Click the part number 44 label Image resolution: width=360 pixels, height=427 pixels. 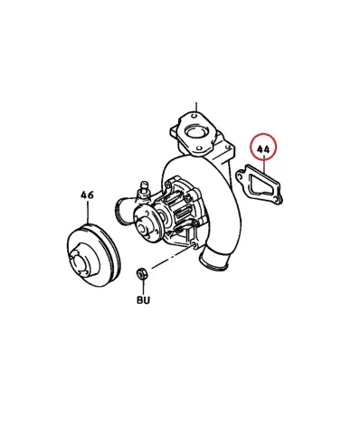(x=263, y=149)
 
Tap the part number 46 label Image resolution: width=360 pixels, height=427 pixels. (x=87, y=195)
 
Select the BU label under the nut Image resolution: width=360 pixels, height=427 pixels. (x=143, y=300)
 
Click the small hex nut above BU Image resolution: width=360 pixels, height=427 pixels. (x=141, y=273)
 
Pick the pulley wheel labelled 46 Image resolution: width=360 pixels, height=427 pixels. (x=93, y=255)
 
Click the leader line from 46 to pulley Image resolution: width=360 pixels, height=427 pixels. (x=88, y=213)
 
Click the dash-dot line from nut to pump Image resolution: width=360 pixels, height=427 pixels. (x=172, y=257)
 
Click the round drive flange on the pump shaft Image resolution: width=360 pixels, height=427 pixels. (x=147, y=224)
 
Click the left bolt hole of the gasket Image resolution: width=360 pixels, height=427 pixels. (x=241, y=175)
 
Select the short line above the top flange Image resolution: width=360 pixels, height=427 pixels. (x=196, y=107)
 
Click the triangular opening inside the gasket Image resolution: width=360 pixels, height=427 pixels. (x=256, y=185)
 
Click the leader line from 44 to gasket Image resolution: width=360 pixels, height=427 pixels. (x=264, y=164)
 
